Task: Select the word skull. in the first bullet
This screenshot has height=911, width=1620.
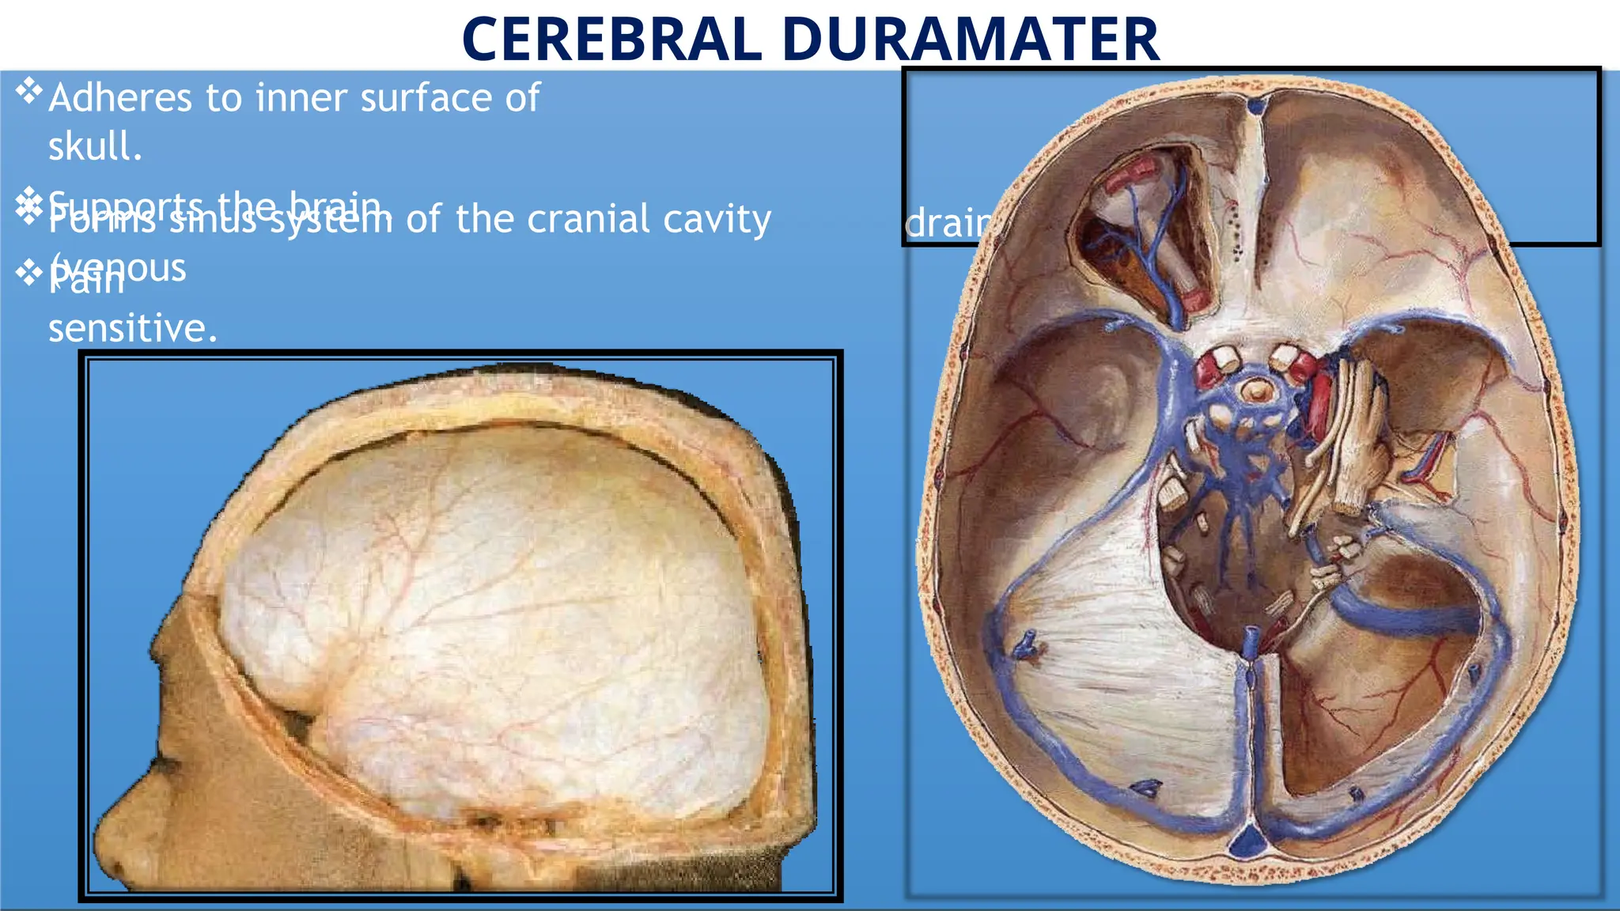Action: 95,146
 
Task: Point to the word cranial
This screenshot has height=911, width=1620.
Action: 589,219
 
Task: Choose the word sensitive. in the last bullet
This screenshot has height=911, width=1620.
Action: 132,327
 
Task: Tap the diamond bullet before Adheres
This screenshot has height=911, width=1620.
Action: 28,91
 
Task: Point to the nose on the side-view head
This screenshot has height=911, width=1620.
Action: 111,838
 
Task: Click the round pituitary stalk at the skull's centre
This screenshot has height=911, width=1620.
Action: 1254,389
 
